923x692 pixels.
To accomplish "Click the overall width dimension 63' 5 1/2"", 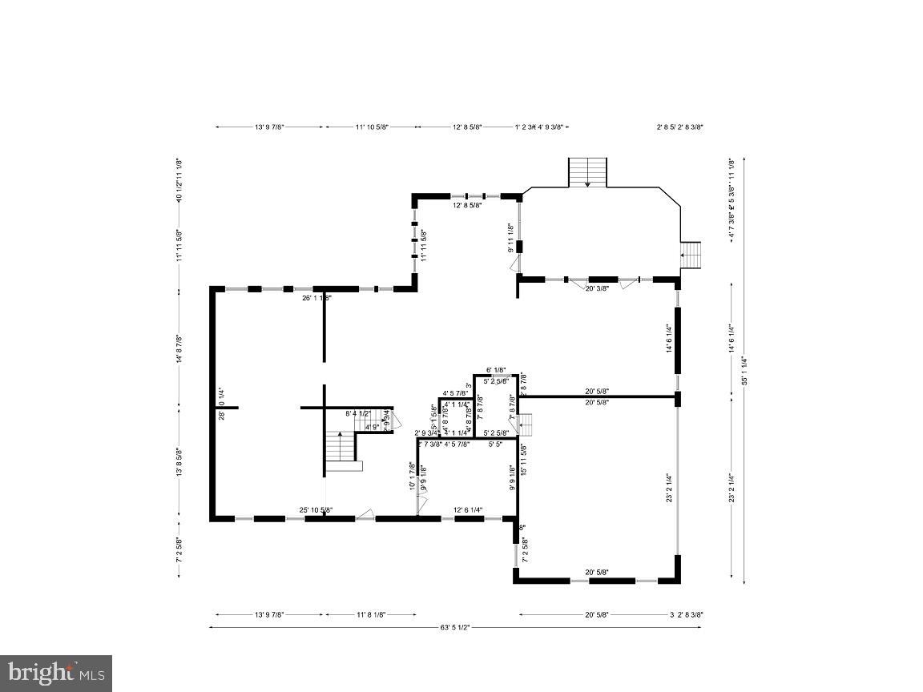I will (454, 627).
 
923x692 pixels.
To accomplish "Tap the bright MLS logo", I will (56, 673).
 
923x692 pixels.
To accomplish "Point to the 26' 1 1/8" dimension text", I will (317, 298).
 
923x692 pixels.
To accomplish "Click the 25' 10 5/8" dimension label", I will (316, 510).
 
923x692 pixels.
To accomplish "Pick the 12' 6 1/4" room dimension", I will (468, 510).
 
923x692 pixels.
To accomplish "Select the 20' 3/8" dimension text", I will (596, 288).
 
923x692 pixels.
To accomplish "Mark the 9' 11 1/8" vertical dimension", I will (510, 238).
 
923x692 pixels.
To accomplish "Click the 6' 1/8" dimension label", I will (496, 370).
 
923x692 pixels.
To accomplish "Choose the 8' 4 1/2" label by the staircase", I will (357, 414).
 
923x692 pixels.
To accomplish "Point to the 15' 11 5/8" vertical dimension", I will (522, 461).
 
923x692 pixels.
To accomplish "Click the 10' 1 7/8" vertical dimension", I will (412, 476).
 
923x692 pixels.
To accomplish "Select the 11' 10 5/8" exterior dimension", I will (371, 127).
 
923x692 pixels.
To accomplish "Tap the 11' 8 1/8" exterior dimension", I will (370, 614).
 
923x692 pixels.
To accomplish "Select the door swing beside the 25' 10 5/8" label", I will (365, 513).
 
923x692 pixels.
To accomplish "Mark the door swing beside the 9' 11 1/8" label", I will (514, 265).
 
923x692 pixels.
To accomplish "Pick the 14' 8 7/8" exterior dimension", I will (179, 350).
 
